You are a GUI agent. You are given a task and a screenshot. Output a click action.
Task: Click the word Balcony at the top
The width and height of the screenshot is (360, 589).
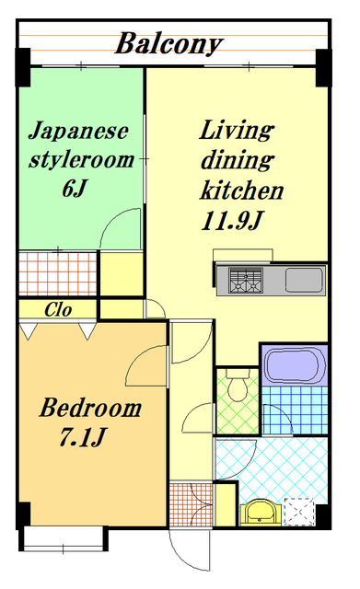click(170, 43)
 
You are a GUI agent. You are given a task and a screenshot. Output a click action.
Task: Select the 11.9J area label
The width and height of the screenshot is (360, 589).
click(231, 221)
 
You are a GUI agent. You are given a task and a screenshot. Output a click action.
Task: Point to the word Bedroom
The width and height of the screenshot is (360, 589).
click(90, 408)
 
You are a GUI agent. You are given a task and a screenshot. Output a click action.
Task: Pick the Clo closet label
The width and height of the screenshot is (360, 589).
click(58, 310)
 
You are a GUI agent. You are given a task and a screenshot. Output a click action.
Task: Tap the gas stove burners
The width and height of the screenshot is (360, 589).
click(246, 281)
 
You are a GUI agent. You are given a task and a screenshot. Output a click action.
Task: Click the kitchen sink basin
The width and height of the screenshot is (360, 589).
click(302, 280)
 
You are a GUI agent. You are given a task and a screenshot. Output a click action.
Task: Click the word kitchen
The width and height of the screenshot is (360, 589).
click(242, 192)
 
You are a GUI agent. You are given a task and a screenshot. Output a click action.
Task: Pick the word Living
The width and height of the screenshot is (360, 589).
click(237, 130)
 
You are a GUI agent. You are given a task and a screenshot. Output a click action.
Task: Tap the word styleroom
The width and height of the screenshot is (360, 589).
click(81, 160)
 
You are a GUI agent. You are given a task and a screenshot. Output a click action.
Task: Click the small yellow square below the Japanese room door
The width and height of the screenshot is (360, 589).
click(121, 271)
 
